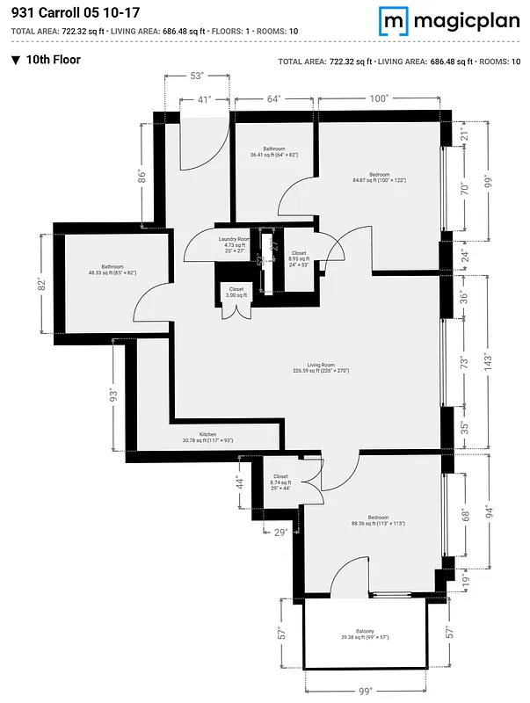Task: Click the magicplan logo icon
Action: [x=394, y=20]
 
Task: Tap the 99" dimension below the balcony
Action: [x=365, y=691]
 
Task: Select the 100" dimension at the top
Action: [x=379, y=99]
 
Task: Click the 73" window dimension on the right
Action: [x=465, y=362]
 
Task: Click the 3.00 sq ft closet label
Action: [x=236, y=293]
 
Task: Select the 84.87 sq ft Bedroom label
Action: [x=379, y=178]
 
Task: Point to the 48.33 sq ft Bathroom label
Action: [x=113, y=270]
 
